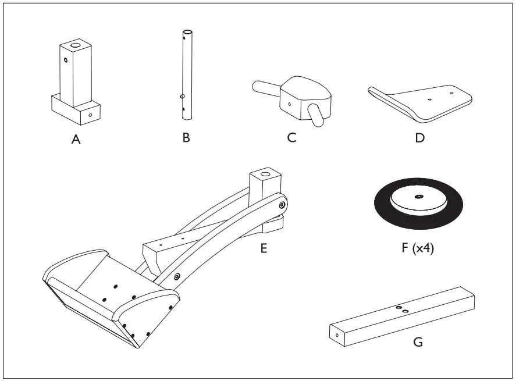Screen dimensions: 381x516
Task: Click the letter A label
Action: [76, 140]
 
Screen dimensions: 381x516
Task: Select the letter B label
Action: [186, 138]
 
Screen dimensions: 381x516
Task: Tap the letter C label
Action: [291, 138]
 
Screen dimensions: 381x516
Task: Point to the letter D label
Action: [419, 138]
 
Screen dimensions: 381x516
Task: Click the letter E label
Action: [264, 248]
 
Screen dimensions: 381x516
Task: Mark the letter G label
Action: [418, 342]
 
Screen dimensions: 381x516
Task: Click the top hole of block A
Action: [75, 45]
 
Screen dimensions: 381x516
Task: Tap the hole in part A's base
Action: [90, 115]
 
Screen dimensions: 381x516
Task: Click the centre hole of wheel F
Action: [418, 197]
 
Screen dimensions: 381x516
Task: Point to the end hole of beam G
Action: [337, 335]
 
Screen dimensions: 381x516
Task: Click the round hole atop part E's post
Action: [265, 173]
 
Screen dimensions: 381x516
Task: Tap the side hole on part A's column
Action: [66, 59]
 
